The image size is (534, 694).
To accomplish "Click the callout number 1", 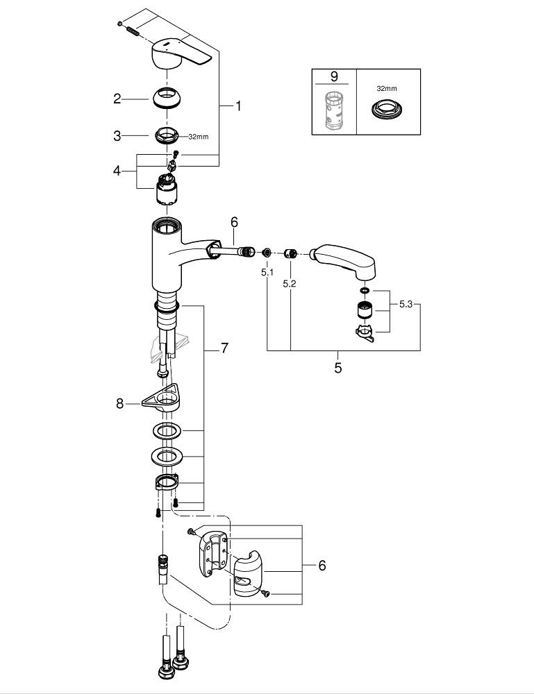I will click(x=237, y=106).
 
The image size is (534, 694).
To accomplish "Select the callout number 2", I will click(x=117, y=99).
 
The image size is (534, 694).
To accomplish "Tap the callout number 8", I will click(x=120, y=402).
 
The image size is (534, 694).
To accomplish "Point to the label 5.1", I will click(x=267, y=273).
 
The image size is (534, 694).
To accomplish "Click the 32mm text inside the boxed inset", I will click(x=387, y=89).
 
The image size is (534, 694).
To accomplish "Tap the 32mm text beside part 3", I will click(x=198, y=137).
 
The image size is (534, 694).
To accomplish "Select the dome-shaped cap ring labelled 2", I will click(x=169, y=97).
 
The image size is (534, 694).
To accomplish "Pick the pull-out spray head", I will click(x=345, y=260).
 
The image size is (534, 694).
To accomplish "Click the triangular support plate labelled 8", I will click(x=161, y=398).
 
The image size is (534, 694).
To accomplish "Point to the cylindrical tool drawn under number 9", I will click(x=334, y=110).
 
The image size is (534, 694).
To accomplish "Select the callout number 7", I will click(x=224, y=348).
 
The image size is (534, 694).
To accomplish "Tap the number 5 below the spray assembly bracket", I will click(x=338, y=368).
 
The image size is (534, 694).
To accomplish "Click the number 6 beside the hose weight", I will click(x=322, y=566).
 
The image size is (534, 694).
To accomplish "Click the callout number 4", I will click(x=117, y=170).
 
